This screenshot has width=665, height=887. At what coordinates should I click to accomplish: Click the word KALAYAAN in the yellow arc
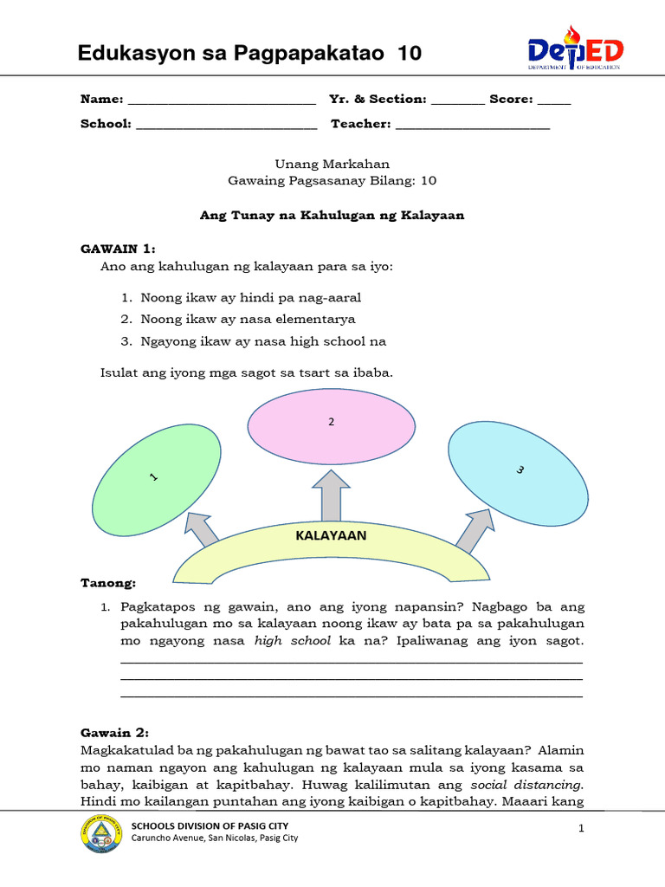click(x=331, y=535)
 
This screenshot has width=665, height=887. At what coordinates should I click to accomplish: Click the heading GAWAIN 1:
click(x=117, y=249)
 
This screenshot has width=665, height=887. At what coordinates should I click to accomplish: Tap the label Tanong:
click(x=108, y=584)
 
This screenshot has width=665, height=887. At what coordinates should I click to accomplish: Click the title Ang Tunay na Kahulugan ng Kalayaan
click(x=332, y=216)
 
